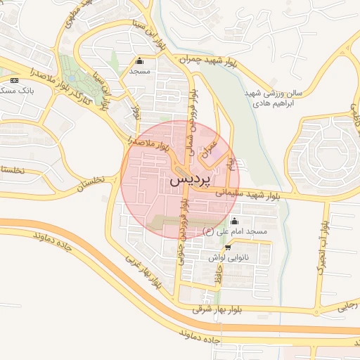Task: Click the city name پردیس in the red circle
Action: click(190, 180)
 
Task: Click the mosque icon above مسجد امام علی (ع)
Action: click(234, 221)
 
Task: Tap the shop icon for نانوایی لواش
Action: click(227, 247)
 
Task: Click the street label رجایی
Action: click(348, 304)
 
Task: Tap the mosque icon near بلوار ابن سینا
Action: click(139, 60)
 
